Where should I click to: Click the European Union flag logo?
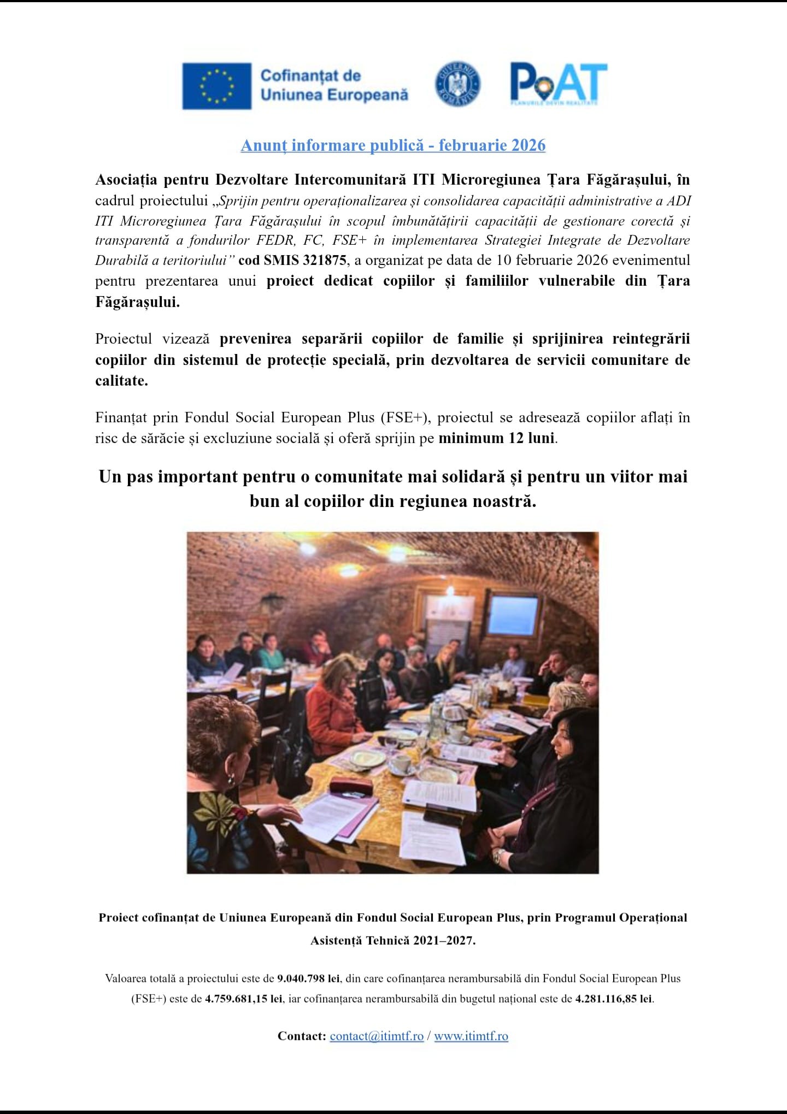click(x=216, y=86)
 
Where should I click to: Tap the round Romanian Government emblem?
click(x=457, y=84)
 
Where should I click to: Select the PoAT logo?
click(x=558, y=84)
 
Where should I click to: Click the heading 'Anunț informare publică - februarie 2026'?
click(x=393, y=145)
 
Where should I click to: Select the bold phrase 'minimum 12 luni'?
click(x=496, y=438)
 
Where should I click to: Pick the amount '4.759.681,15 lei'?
click(x=244, y=999)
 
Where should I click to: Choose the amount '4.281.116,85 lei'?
click(x=614, y=999)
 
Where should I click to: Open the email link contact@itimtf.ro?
click(x=377, y=1036)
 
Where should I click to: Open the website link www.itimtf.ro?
click(x=471, y=1036)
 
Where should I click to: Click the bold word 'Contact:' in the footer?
click(x=302, y=1036)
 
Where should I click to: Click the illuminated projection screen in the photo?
click(x=513, y=614)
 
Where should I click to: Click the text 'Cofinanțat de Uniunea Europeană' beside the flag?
click(x=334, y=85)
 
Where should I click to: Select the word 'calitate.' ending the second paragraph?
click(x=121, y=381)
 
